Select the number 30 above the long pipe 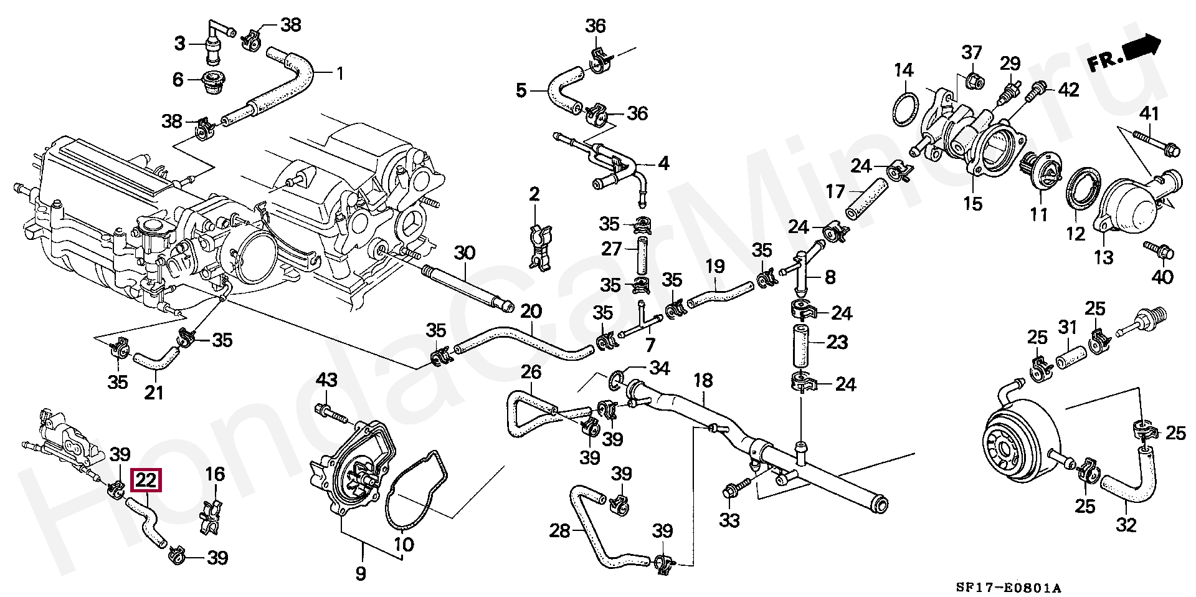click(465, 252)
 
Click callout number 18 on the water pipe click(703, 380)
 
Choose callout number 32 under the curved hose click(1126, 525)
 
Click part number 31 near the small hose click(1067, 327)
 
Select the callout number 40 click(1162, 276)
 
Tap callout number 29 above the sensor click(1010, 63)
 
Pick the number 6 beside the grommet click(178, 79)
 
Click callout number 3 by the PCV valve click(179, 44)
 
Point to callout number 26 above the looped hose click(531, 373)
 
